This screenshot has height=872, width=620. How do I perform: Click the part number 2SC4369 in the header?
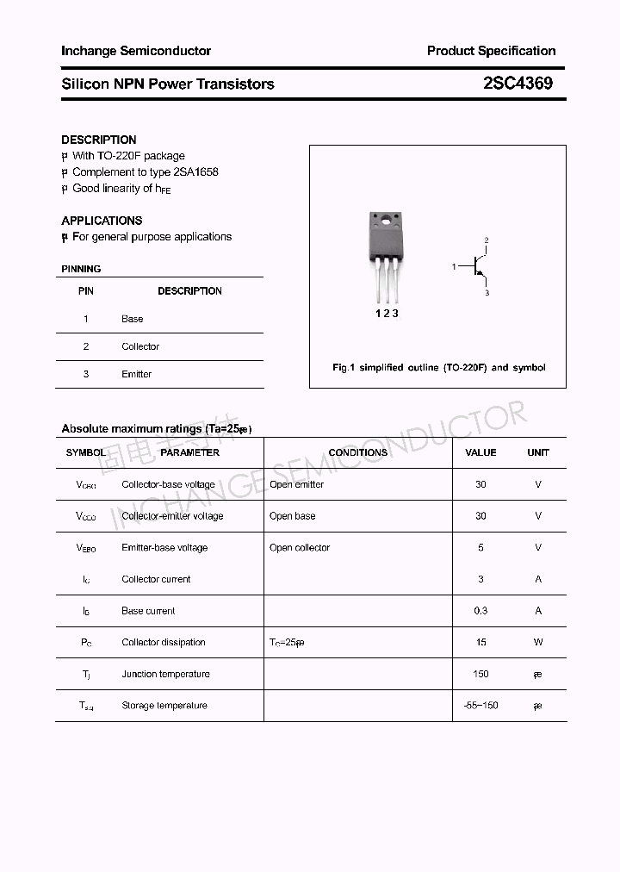pos(518,84)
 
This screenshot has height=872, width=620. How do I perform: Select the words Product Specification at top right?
pos(491,51)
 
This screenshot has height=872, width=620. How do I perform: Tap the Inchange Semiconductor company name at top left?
pos(136,51)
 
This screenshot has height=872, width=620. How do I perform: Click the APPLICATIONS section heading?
pos(102,221)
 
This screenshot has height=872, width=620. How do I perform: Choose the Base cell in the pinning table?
pos(132,319)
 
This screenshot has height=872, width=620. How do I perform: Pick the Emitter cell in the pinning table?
pos(136,374)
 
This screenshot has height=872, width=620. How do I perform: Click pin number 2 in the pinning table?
pos(86,346)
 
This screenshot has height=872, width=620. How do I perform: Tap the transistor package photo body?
pos(385,241)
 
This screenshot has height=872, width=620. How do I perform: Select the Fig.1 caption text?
pos(438,367)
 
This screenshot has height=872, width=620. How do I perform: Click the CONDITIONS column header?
pos(357,452)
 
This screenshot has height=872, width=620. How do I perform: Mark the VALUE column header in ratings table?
pos(480,452)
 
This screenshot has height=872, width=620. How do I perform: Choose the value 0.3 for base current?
pos(480,611)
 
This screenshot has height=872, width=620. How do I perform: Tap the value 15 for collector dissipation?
pos(480,642)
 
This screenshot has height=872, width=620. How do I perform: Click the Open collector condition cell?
pos(300,548)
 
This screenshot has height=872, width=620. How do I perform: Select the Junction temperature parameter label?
pos(164,674)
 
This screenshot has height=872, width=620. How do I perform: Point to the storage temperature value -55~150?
pos(480,706)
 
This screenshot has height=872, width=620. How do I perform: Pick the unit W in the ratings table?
pos(538,642)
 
